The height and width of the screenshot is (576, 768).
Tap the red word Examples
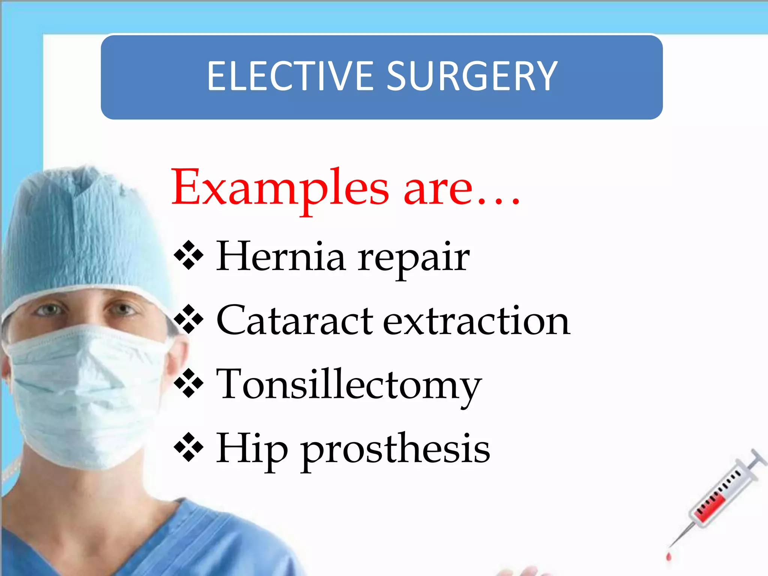tap(280, 187)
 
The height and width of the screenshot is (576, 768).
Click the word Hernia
tap(281, 256)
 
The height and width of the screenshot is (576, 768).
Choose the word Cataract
tap(295, 321)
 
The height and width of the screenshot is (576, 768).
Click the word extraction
tap(476, 321)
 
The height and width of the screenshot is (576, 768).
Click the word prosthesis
tap(396, 450)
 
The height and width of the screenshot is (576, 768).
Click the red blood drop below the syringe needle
tap(669, 556)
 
